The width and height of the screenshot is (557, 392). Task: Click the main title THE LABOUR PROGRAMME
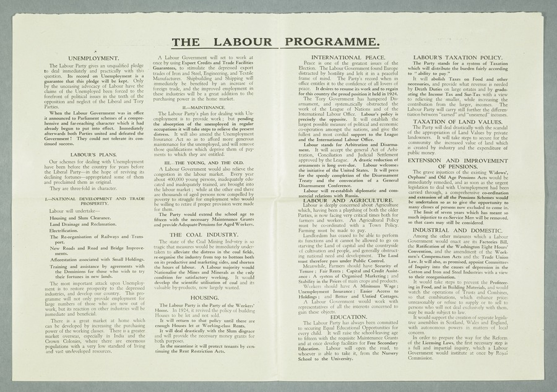click(276, 42)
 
